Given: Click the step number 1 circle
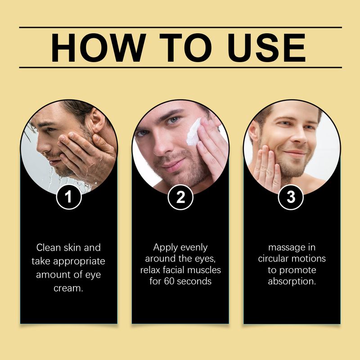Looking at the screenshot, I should (x=69, y=197).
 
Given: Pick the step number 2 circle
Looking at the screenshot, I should (x=180, y=197).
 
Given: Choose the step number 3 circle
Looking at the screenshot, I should (x=292, y=197).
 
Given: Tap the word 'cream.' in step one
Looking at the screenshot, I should (x=69, y=288).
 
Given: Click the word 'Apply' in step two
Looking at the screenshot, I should (x=165, y=247).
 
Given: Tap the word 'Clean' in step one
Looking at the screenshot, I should (x=47, y=247).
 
